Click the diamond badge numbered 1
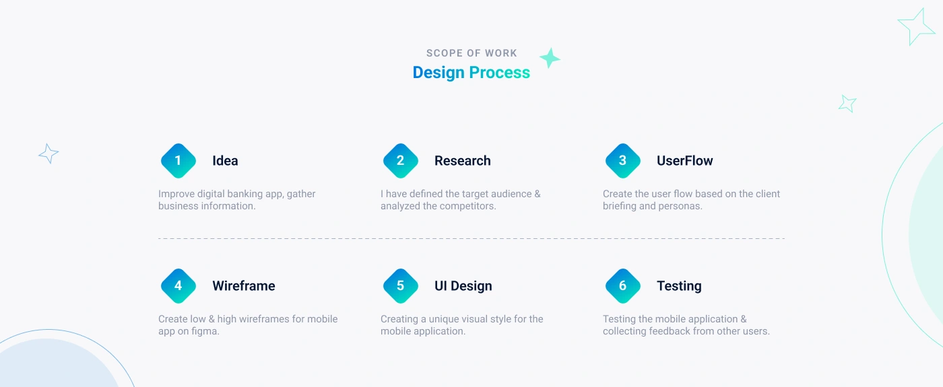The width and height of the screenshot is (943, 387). tap(178, 161)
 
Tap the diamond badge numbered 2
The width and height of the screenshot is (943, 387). tap(401, 161)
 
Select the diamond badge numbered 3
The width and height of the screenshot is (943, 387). tap(623, 161)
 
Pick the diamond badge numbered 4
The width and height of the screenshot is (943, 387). tap(178, 286)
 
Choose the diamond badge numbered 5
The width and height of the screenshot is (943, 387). tap(401, 286)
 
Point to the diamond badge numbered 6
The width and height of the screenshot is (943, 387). tap(623, 286)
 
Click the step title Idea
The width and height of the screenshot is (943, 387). tap(225, 161)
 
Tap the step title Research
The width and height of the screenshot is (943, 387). tap(463, 161)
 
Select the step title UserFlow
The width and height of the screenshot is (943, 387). tap(685, 161)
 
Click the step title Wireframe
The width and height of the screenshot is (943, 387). tap(244, 286)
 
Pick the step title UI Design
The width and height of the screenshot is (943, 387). tap(463, 286)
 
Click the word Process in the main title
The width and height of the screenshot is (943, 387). tap(500, 73)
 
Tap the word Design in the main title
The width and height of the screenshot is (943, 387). tap(438, 73)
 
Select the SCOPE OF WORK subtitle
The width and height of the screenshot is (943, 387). tap(471, 53)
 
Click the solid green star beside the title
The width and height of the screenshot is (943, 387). tap(550, 58)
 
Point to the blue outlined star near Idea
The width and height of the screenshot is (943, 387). tap(48, 153)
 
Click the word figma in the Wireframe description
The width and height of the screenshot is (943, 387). tap(205, 331)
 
